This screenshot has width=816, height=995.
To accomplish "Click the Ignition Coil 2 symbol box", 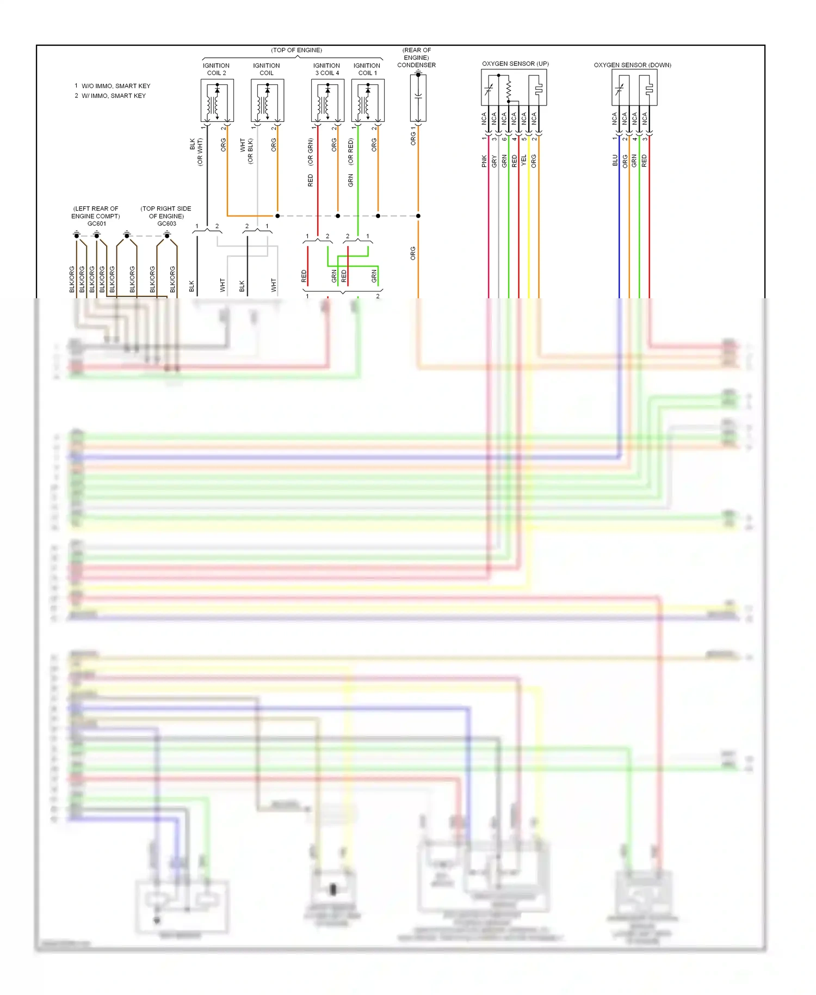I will [x=217, y=101].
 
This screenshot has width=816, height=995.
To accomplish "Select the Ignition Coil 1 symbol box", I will [x=368, y=101].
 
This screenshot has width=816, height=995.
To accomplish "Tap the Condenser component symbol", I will [x=418, y=98].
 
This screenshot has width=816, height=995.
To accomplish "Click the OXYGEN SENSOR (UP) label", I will [x=515, y=64].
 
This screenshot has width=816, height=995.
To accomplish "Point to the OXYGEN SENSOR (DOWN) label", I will [x=632, y=65].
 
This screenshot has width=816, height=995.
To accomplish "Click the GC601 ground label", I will [x=96, y=224].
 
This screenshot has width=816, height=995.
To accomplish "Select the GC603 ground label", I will [x=166, y=224].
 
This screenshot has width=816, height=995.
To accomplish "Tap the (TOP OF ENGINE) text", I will [x=296, y=50].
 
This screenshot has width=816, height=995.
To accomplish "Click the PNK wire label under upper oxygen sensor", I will [x=484, y=161].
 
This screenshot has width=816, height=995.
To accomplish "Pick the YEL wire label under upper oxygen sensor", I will [x=524, y=161].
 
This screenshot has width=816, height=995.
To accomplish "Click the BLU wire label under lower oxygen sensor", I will [x=615, y=161].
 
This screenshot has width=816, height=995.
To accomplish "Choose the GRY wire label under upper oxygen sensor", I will [x=494, y=161].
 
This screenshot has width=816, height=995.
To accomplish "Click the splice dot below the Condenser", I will [x=418, y=216].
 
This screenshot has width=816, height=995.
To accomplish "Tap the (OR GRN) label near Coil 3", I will [x=310, y=152].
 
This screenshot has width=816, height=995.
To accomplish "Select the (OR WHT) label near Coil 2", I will [x=200, y=152].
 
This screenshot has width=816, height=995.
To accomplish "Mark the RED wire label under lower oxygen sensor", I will [x=644, y=161].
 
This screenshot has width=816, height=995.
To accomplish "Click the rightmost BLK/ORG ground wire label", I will [x=172, y=279].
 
